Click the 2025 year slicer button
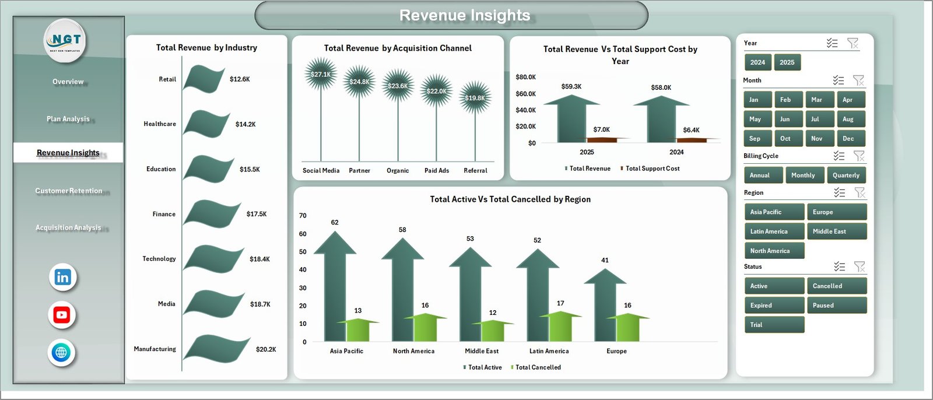[787, 62]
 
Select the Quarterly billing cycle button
[846, 176]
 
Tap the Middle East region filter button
[836, 231]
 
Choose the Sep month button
[757, 139]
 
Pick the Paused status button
[836, 306]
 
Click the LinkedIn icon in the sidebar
[62, 278]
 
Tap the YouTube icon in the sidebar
[62, 315]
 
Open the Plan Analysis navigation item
[68, 119]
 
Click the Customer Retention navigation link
[68, 191]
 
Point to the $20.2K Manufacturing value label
[266, 349]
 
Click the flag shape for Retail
[203, 79]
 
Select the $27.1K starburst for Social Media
[320, 74]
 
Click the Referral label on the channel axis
[475, 171]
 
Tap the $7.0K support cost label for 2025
[601, 129]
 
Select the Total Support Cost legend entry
[652, 169]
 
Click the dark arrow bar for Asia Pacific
[335, 292]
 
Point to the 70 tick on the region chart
[303, 216]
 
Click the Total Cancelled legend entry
[538, 367]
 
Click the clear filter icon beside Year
[853, 43]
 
